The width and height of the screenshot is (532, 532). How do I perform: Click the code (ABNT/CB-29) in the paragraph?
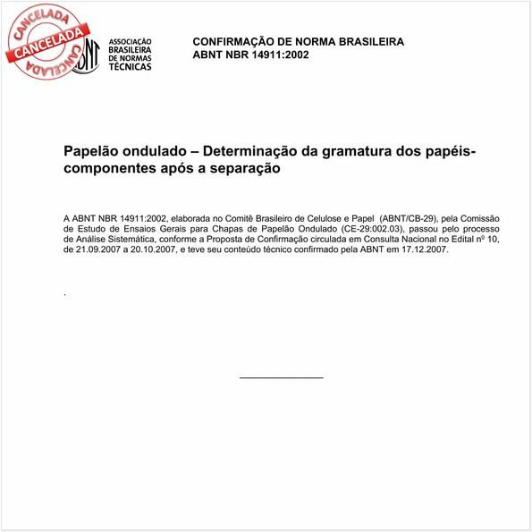[x=408, y=217]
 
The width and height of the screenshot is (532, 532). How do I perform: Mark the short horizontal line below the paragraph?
[x=282, y=377]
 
